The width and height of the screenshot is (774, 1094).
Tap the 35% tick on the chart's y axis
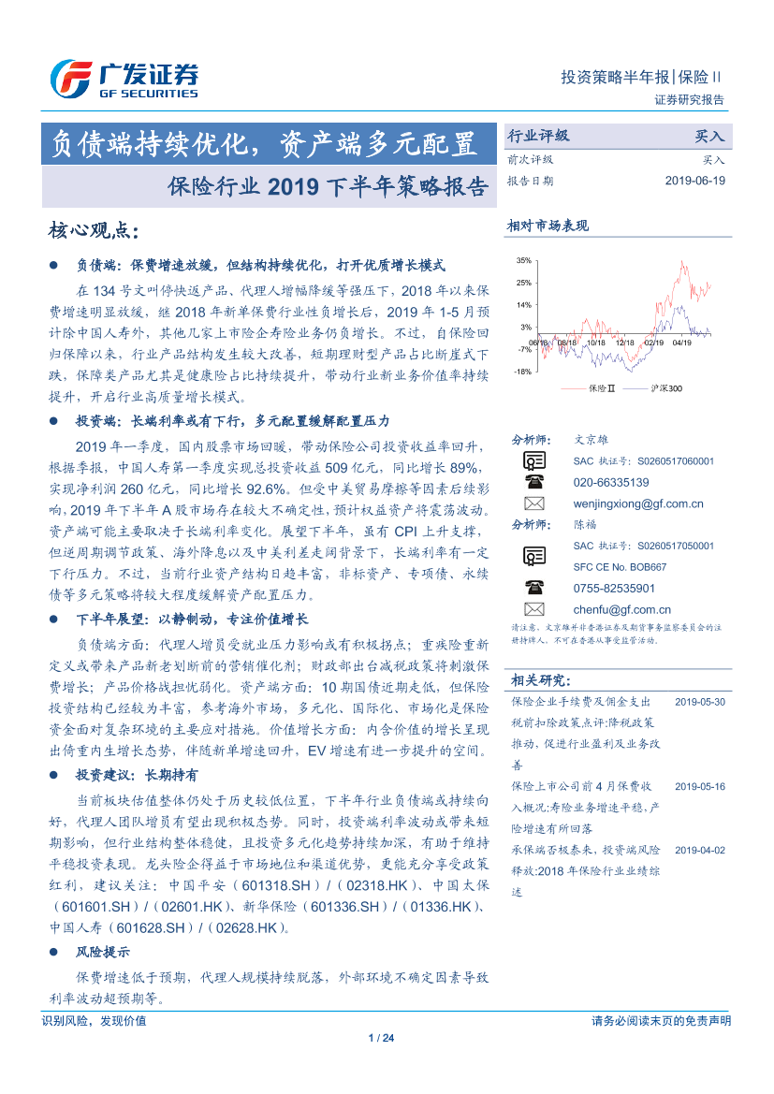point(523,260)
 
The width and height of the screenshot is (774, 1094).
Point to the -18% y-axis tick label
point(522,372)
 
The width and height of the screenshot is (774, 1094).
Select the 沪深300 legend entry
point(666,387)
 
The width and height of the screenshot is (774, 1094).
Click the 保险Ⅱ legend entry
point(599,387)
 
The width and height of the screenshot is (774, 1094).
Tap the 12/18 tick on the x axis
point(625,343)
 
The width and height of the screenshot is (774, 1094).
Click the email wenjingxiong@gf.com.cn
point(637,503)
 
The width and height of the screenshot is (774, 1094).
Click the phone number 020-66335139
point(610,482)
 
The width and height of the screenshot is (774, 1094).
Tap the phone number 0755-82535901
point(614,589)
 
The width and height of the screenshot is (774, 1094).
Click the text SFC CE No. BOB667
point(620,567)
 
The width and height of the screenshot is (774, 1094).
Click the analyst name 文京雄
point(591,439)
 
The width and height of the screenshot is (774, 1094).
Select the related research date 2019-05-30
point(699,701)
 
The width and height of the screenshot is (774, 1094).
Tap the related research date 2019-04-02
point(699,850)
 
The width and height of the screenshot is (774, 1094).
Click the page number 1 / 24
point(384,1038)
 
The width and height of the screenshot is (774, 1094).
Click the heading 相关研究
point(539,679)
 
